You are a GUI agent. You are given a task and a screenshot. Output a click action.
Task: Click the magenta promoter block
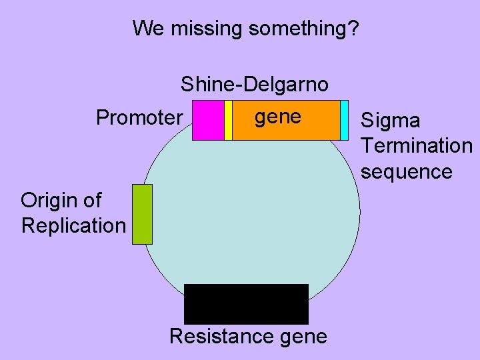208,120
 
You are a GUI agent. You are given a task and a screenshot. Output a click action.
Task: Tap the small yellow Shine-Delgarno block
228,120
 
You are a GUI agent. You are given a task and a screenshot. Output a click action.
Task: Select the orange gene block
286,127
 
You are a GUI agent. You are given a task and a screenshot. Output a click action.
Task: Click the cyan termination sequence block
344,120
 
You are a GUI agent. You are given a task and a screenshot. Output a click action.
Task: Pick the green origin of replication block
142,214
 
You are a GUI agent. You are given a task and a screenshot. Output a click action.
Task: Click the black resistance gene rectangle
246,304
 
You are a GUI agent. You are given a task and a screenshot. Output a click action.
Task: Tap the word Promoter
139,118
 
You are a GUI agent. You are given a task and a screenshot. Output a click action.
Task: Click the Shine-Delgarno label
254,85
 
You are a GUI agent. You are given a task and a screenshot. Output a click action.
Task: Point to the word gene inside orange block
278,117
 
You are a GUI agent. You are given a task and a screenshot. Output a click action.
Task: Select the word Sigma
390,121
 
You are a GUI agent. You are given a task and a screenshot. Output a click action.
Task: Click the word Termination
416,145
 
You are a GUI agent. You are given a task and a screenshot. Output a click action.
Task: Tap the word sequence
406,171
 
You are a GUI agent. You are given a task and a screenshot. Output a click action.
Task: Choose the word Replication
73,225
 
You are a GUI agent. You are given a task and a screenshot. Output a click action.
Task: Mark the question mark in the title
353,29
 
